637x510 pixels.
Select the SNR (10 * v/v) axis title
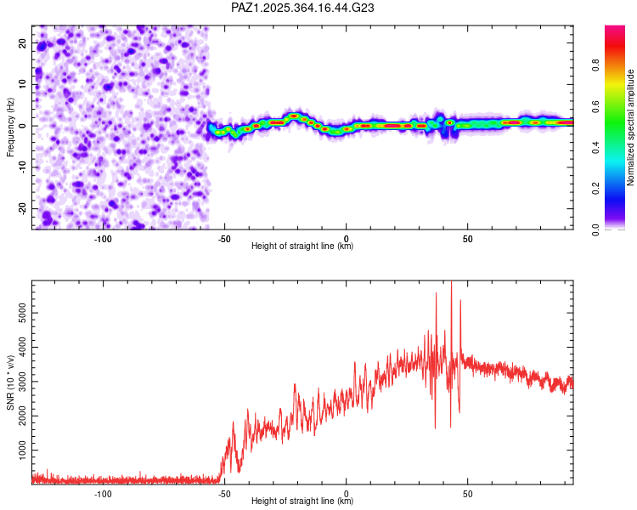(10, 382)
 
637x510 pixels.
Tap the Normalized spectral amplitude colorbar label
(630, 127)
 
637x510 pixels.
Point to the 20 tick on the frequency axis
(24, 42)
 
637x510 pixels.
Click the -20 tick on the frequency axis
(22, 208)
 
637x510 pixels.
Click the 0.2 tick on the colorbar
(596, 189)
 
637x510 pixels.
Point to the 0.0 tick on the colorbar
(596, 229)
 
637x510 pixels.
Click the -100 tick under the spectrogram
(103, 239)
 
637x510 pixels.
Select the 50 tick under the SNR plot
(467, 494)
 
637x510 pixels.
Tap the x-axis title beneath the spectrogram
(302, 246)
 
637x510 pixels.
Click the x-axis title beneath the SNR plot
(302, 501)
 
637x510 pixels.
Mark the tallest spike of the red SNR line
(451, 284)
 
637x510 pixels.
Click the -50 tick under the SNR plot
(224, 494)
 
